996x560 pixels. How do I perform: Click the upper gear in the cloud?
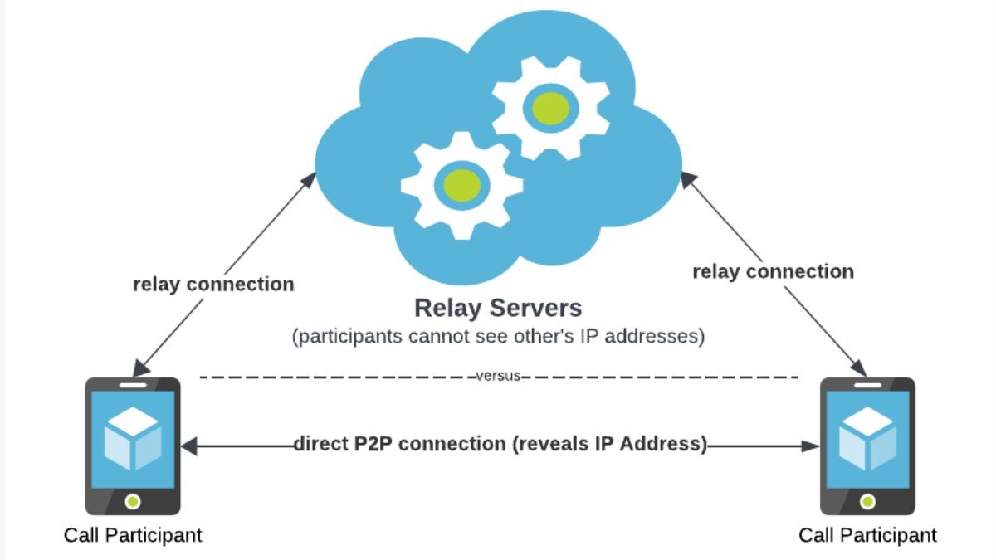(550, 107)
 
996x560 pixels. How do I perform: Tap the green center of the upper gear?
(550, 107)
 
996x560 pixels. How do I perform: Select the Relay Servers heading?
(498, 309)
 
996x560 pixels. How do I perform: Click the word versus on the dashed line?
(498, 376)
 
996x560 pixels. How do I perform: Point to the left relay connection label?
(213, 285)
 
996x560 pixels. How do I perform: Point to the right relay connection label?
(773, 271)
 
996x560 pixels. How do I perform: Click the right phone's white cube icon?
(867, 437)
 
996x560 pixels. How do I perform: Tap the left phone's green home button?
(133, 501)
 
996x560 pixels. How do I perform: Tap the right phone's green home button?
(867, 501)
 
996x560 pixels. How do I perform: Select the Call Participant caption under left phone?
(133, 535)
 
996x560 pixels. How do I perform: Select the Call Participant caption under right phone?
(867, 535)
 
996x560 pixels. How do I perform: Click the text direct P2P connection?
(398, 444)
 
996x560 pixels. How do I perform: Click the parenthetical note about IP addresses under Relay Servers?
(498, 337)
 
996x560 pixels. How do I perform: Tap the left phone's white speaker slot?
(133, 386)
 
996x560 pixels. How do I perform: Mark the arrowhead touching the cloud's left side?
(311, 178)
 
